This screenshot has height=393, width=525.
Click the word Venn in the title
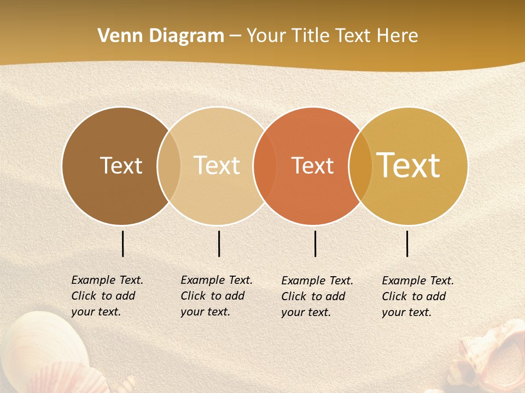(115, 36)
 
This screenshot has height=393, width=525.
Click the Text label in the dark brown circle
(121, 165)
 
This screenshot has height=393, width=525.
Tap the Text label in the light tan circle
(217, 165)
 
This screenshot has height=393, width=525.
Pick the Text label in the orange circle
(312, 165)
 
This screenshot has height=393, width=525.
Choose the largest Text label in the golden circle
(408, 165)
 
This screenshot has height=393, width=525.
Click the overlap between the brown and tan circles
(169, 165)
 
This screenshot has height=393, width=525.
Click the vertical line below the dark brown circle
(123, 243)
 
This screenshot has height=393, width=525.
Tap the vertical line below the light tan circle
(219, 243)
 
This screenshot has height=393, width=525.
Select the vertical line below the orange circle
(315, 243)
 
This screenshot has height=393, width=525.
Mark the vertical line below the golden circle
(407, 243)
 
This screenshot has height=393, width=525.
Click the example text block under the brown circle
(107, 296)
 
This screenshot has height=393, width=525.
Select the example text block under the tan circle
(216, 296)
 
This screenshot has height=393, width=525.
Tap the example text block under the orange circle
(317, 296)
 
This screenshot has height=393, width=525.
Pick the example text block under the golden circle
(417, 296)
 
